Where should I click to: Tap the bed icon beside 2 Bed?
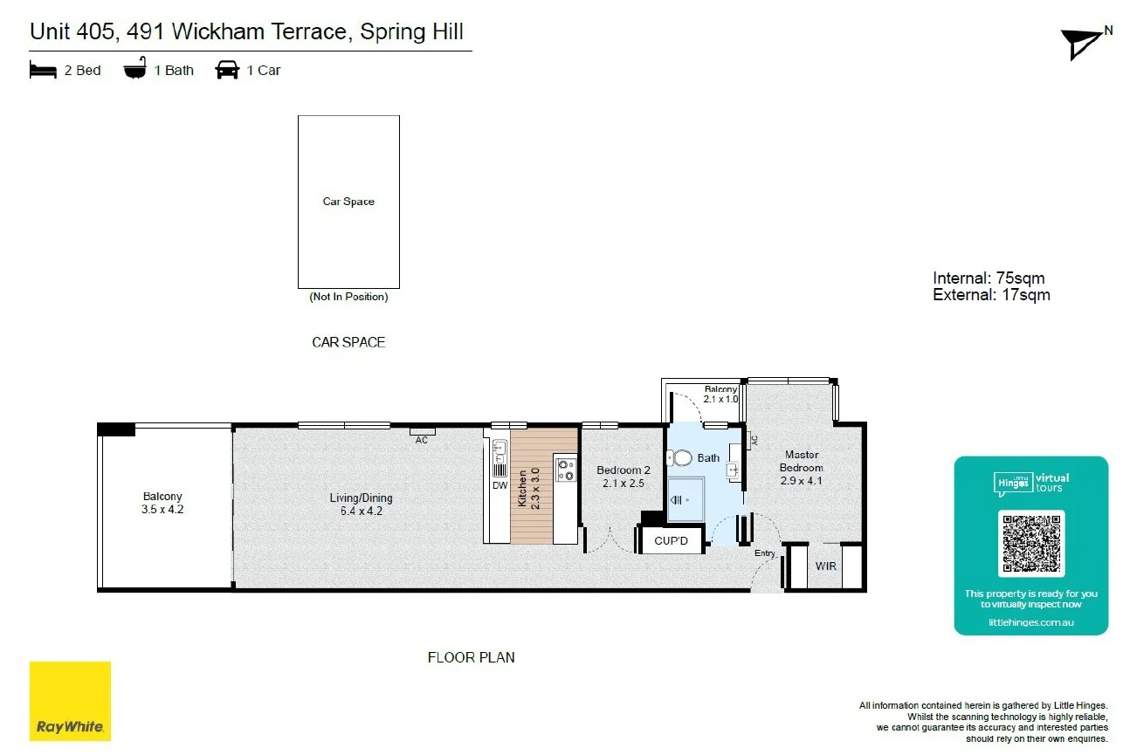tap(43, 70)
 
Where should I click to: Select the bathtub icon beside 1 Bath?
tap(135, 69)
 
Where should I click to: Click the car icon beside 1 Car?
tap(227, 70)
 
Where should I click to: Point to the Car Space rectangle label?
tap(348, 202)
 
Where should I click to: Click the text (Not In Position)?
tap(348, 297)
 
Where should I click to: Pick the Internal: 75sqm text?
tap(989, 278)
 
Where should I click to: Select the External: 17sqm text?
tap(991, 295)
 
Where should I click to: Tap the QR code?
tap(1031, 543)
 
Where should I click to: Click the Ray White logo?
tap(71, 701)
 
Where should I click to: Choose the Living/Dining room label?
tap(361, 504)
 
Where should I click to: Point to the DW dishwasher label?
tap(500, 485)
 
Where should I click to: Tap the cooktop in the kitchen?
tap(565, 470)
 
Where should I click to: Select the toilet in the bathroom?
tap(679, 457)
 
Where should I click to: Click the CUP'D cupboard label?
tap(672, 541)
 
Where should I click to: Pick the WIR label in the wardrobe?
tap(826, 566)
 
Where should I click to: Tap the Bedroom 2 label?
tap(624, 477)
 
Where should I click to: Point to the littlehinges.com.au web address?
tap(1030, 622)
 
